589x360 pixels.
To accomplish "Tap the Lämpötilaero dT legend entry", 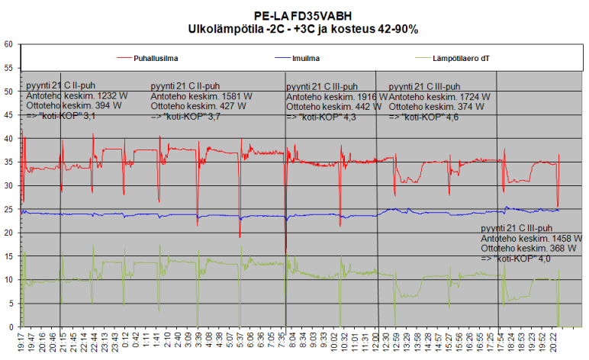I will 462,57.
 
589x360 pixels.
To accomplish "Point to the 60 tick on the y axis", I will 9,44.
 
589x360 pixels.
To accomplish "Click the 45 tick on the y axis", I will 9,115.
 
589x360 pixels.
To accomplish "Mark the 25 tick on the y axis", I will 9,210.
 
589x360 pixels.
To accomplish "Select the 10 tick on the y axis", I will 9,280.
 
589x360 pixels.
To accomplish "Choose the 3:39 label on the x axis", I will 198,340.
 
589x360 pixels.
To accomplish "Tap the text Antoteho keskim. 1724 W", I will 439,97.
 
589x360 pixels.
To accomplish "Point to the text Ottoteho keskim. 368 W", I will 526,249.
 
